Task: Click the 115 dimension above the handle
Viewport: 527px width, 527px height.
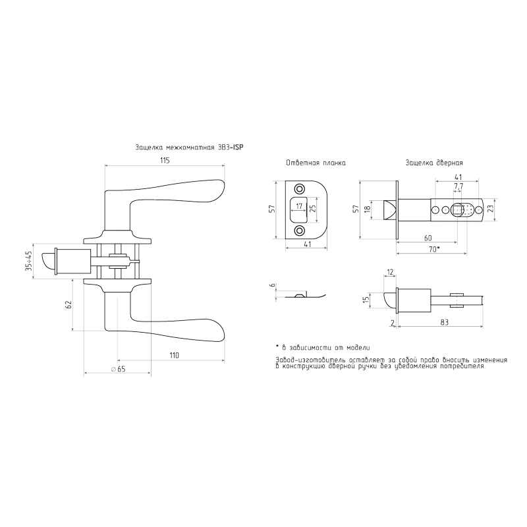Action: coord(165,160)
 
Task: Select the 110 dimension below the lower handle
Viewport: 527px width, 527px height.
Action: coord(175,355)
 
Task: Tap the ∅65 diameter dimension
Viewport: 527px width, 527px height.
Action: coord(118,369)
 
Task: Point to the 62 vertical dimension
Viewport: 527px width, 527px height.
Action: coord(69,305)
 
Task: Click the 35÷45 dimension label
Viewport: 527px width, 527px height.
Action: coord(29,260)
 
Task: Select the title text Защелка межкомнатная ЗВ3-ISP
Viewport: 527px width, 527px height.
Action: coord(189,148)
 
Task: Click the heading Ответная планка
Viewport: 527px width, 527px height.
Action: coord(316,163)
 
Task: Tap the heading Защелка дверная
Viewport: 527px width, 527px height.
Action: coord(434,163)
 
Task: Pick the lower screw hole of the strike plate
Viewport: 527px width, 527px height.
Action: coord(299,230)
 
